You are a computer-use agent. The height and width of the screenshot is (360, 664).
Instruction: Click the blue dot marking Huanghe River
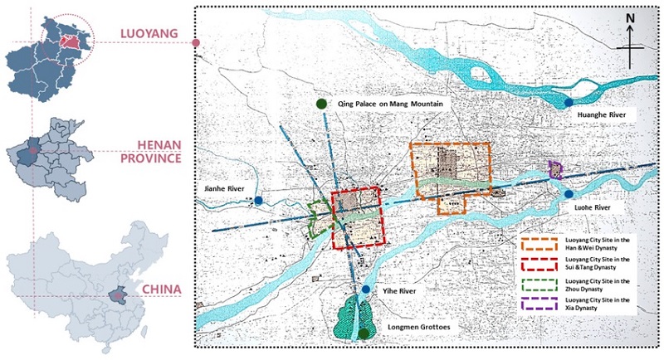tap(567, 103)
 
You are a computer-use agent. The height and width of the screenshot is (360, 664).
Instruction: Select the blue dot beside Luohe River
tap(569, 193)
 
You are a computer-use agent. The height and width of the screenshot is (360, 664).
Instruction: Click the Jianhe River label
tap(223, 190)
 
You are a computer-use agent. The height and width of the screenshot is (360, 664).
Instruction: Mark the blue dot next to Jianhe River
tap(259, 201)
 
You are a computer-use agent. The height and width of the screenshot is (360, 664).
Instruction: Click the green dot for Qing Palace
tap(320, 104)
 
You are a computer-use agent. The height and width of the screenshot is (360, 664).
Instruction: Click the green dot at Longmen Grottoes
tap(364, 333)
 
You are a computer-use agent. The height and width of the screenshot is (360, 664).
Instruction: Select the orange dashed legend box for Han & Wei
tap(539, 245)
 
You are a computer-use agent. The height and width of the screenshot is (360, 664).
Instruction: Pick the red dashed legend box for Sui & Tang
tap(539, 265)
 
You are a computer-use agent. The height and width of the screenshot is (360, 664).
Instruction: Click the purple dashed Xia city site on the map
tap(555, 170)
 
